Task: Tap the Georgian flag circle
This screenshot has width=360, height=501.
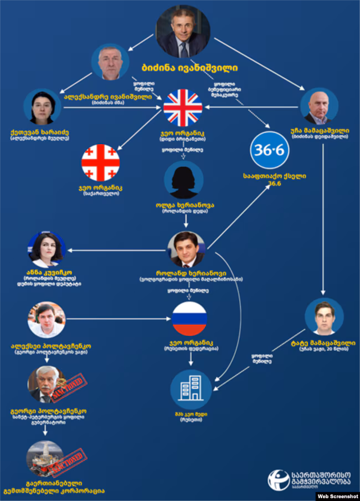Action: [x=100, y=162]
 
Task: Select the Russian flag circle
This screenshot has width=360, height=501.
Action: [x=189, y=319]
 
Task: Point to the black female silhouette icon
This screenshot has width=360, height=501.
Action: [x=183, y=180]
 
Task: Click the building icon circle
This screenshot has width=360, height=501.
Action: [x=191, y=389]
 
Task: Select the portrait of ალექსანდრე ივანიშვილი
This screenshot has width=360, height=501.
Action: [x=110, y=62]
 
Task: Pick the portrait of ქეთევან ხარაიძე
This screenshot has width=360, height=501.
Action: [x=42, y=107]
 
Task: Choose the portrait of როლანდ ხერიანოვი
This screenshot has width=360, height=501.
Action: [x=187, y=249]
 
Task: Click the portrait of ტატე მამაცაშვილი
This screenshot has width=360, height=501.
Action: [x=324, y=316]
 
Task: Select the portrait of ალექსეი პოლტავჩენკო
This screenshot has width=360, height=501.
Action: [x=47, y=319]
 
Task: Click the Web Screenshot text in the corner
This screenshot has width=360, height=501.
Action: [x=338, y=496]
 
